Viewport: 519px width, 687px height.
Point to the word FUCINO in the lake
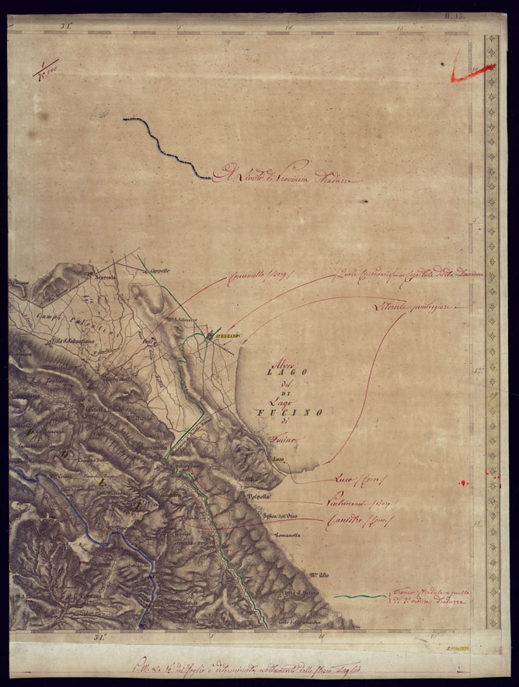[284, 413]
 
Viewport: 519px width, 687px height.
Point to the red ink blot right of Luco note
[465, 483]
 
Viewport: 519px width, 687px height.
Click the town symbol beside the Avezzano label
[210, 336]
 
